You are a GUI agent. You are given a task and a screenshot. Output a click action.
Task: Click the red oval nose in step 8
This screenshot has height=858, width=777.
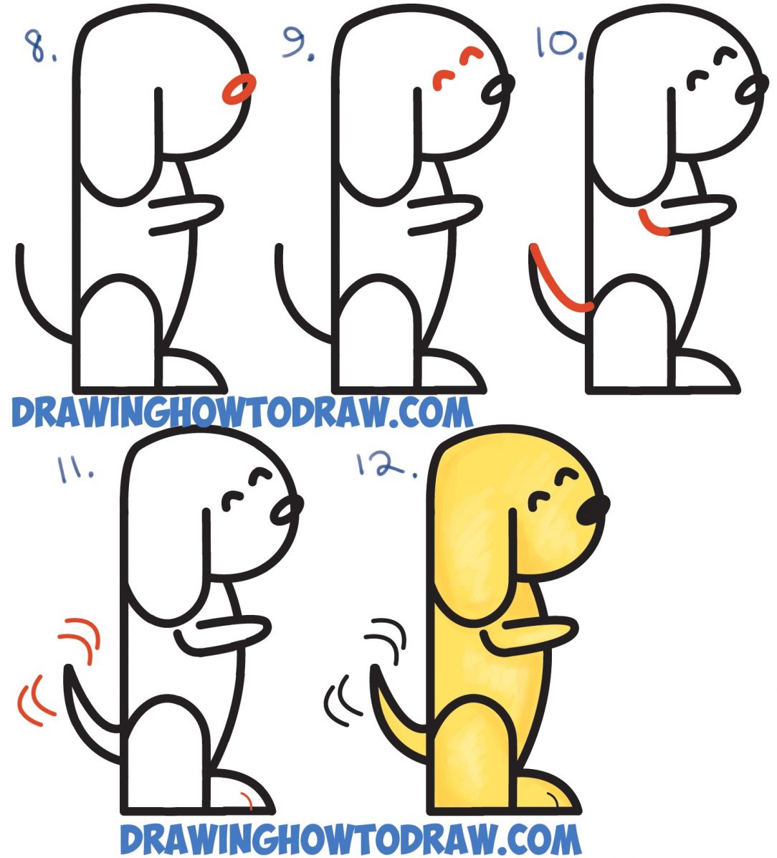click(239, 90)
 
